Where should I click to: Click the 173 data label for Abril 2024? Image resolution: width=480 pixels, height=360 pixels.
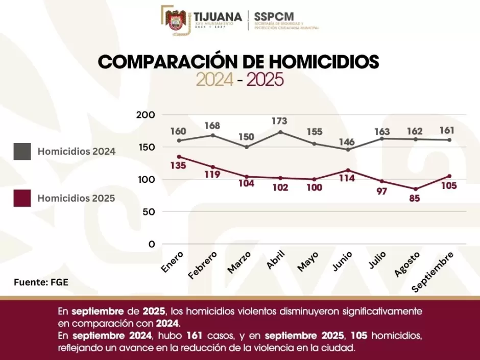279,122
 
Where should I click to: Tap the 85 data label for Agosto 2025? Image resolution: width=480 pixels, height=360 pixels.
414,199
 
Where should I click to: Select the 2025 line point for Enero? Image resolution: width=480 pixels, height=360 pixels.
179,157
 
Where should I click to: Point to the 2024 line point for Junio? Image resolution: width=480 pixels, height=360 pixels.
348,150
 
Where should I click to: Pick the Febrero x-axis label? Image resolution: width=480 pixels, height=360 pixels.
203,264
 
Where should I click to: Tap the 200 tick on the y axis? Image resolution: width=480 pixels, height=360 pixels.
146,115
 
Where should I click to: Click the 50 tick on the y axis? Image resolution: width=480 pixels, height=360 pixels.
148,212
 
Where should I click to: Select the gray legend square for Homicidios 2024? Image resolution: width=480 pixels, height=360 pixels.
22,151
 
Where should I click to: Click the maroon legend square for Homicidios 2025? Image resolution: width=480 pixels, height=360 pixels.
22,198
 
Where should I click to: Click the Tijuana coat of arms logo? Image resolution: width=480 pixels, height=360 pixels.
175,20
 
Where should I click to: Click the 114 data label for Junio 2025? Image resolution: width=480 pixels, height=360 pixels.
348,179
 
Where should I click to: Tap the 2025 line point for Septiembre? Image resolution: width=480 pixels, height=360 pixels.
449,176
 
